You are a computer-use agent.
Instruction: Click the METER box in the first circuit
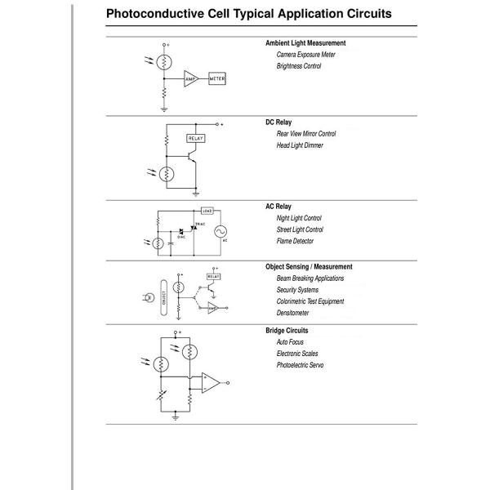[217, 78]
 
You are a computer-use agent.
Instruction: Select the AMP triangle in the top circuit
[190, 78]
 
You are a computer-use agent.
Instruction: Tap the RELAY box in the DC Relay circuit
[196, 139]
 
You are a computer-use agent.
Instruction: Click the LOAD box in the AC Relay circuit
[207, 211]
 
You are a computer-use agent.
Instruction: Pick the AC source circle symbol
[220, 232]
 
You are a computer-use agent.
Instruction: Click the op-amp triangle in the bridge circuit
[211, 381]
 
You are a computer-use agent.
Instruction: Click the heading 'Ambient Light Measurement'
[305, 43]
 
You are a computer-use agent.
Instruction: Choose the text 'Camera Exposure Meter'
[305, 55]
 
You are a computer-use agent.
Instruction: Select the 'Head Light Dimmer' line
[300, 145]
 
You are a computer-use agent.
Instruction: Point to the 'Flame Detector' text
[295, 241]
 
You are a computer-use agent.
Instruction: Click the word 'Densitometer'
[293, 313]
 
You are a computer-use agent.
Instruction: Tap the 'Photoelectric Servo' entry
[300, 365]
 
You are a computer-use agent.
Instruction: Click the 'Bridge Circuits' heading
[287, 331]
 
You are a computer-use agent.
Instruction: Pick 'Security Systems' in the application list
[297, 290]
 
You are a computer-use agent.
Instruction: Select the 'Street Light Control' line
[300, 229]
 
